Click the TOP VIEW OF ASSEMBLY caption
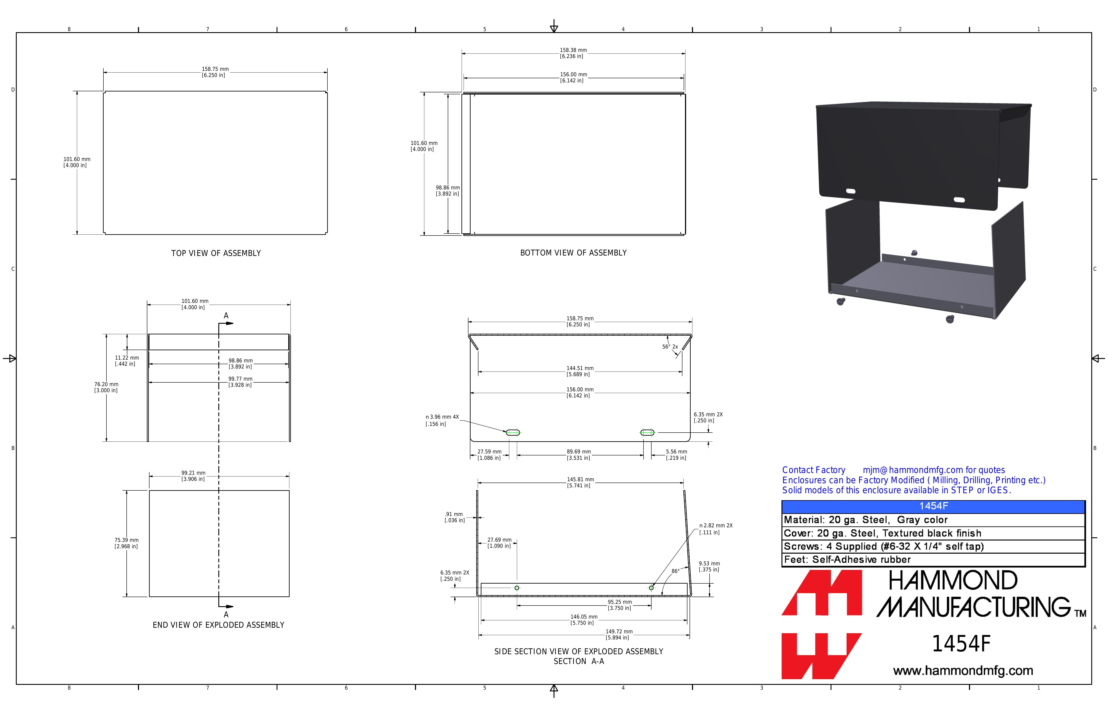point(216,253)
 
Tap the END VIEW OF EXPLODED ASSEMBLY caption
point(218,625)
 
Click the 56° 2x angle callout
point(670,347)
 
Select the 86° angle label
point(675,571)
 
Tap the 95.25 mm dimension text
point(620,602)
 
